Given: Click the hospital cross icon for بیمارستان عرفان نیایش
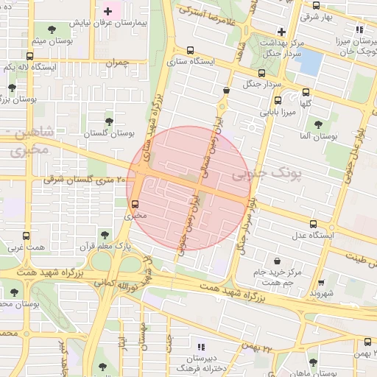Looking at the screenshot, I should (x=109, y=11).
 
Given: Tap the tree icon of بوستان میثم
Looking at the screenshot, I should (x=51, y=29).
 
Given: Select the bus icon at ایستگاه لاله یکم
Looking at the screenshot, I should (x=29, y=56).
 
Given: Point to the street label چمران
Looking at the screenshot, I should (x=116, y=63).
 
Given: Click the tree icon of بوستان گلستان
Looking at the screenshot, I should (x=109, y=121).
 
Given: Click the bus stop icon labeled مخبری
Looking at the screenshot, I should (x=135, y=205).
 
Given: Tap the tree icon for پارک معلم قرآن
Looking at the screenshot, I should (x=105, y=235).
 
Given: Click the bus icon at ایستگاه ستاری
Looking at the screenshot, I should (x=191, y=51).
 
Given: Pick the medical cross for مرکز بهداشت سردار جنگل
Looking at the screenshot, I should (x=281, y=31).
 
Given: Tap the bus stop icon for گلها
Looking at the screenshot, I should (x=306, y=92).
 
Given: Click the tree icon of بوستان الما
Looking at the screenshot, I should (x=317, y=124).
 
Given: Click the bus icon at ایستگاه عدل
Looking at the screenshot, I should (x=312, y=224).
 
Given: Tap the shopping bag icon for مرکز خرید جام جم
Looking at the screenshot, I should (x=277, y=261).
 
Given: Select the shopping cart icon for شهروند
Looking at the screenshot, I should (x=321, y=282).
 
